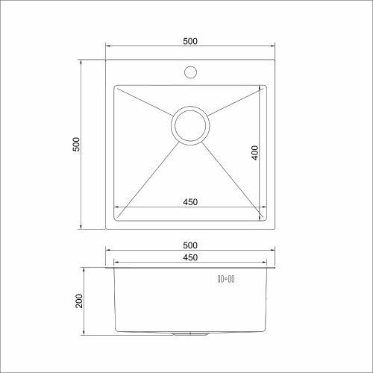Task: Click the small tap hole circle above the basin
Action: click(x=189, y=73)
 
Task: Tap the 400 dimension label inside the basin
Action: click(x=254, y=153)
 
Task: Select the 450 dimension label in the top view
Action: click(x=189, y=201)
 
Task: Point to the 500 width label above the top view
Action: click(x=189, y=42)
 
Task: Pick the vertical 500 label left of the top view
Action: click(x=75, y=143)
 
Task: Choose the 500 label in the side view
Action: click(x=189, y=245)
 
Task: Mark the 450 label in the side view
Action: click(x=189, y=257)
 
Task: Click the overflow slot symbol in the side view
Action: click(x=226, y=279)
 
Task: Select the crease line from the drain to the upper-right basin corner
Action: click(x=235, y=101)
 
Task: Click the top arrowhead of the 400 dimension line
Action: click(x=261, y=88)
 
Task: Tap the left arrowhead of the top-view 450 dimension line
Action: click(x=116, y=207)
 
